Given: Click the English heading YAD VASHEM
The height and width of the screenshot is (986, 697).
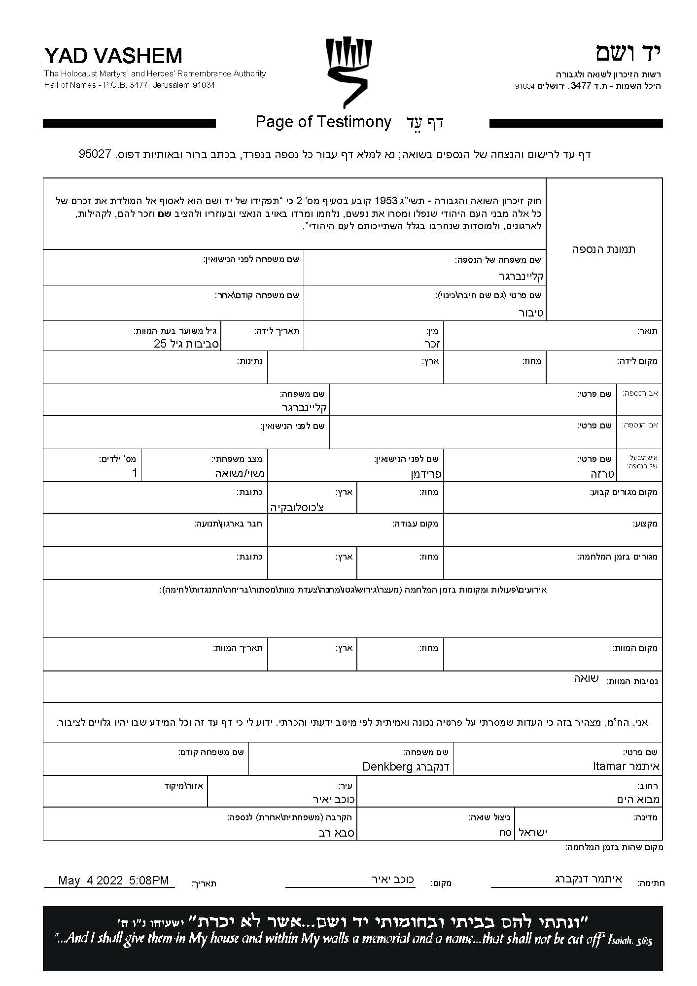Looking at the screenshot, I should [x=113, y=56].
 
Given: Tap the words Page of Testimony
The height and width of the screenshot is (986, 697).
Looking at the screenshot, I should [x=323, y=122].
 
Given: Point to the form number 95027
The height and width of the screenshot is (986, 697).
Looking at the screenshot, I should [x=94, y=154].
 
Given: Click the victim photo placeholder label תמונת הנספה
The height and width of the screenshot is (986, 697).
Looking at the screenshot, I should [x=604, y=249].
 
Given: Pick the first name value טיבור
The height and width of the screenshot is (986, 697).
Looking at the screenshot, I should [x=530, y=313].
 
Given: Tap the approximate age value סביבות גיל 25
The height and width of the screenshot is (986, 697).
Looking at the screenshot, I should [x=186, y=344].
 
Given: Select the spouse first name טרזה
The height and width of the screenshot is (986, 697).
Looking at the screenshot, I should [x=602, y=474].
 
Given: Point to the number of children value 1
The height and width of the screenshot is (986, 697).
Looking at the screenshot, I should [x=135, y=473].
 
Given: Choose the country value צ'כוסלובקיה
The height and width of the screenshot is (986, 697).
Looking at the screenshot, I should [x=297, y=507].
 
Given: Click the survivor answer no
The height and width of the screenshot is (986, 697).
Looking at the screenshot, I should [x=505, y=832].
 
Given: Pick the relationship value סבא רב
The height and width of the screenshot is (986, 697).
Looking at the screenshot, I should [x=336, y=832].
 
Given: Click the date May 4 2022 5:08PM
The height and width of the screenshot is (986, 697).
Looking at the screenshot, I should [x=113, y=880].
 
